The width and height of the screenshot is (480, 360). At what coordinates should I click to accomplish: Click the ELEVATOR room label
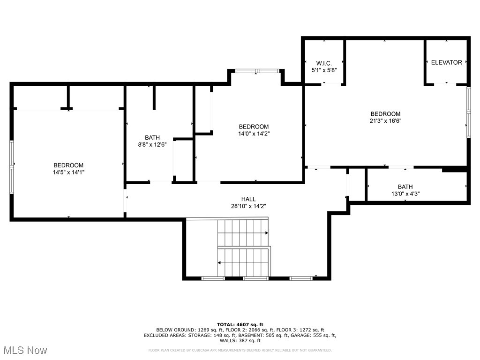(446, 62)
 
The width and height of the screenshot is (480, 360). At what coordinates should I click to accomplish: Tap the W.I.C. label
(324, 63)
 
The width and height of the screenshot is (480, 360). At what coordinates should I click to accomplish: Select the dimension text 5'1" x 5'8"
(324, 70)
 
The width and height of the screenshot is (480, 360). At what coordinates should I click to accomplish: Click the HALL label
(248, 199)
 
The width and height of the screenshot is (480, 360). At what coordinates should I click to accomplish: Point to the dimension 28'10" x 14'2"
(248, 206)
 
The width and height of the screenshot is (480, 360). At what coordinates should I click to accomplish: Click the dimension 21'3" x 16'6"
(385, 120)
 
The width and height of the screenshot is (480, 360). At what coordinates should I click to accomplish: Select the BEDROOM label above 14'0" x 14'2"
(254, 127)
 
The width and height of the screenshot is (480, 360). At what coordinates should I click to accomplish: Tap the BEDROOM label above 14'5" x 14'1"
(68, 165)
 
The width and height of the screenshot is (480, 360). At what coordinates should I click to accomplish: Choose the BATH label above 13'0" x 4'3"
(405, 187)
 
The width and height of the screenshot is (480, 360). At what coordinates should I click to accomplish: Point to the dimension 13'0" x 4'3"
(405, 193)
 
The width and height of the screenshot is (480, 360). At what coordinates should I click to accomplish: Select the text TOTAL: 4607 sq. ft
(240, 324)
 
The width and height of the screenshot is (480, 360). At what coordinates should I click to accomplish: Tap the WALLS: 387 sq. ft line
(240, 341)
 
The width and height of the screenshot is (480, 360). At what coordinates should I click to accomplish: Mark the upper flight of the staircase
(242, 232)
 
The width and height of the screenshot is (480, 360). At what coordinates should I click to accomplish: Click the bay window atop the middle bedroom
(257, 71)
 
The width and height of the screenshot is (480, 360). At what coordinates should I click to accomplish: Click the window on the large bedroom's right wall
(468, 112)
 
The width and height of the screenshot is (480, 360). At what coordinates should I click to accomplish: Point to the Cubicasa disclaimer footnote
(240, 350)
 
